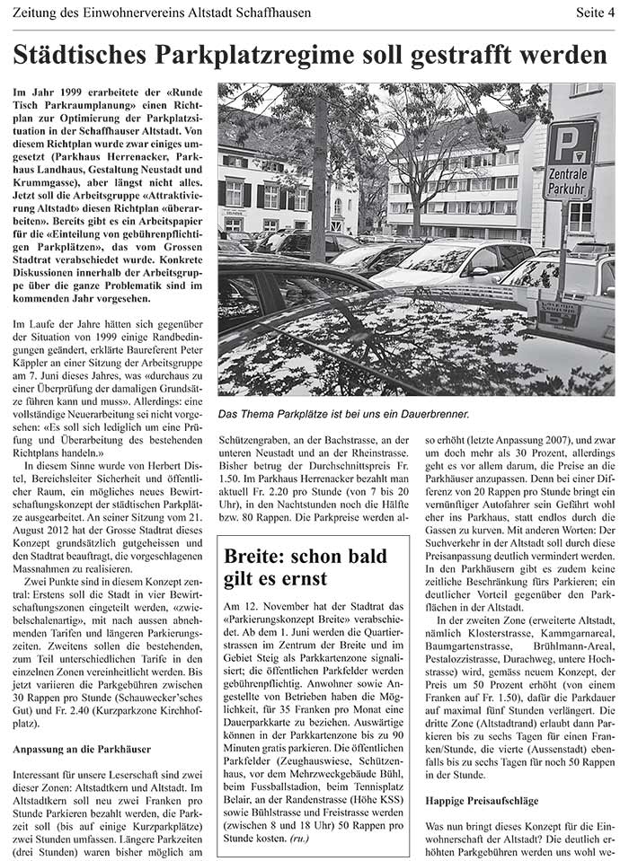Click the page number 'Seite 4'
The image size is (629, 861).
tap(595, 13)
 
